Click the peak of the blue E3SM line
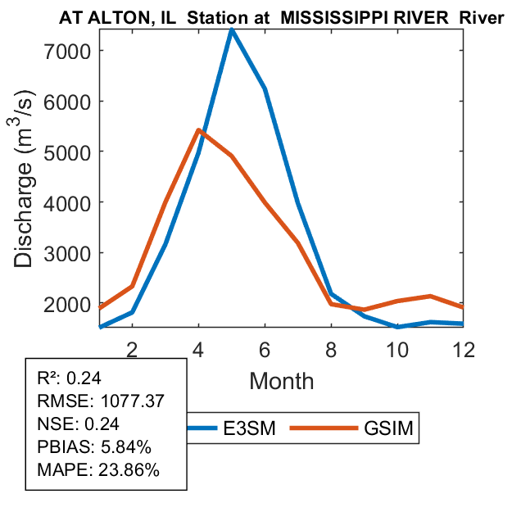(x=232, y=30)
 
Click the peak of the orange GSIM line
(x=198, y=130)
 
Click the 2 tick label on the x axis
(x=131, y=349)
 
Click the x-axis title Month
(x=281, y=381)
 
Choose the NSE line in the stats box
(x=79, y=424)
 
